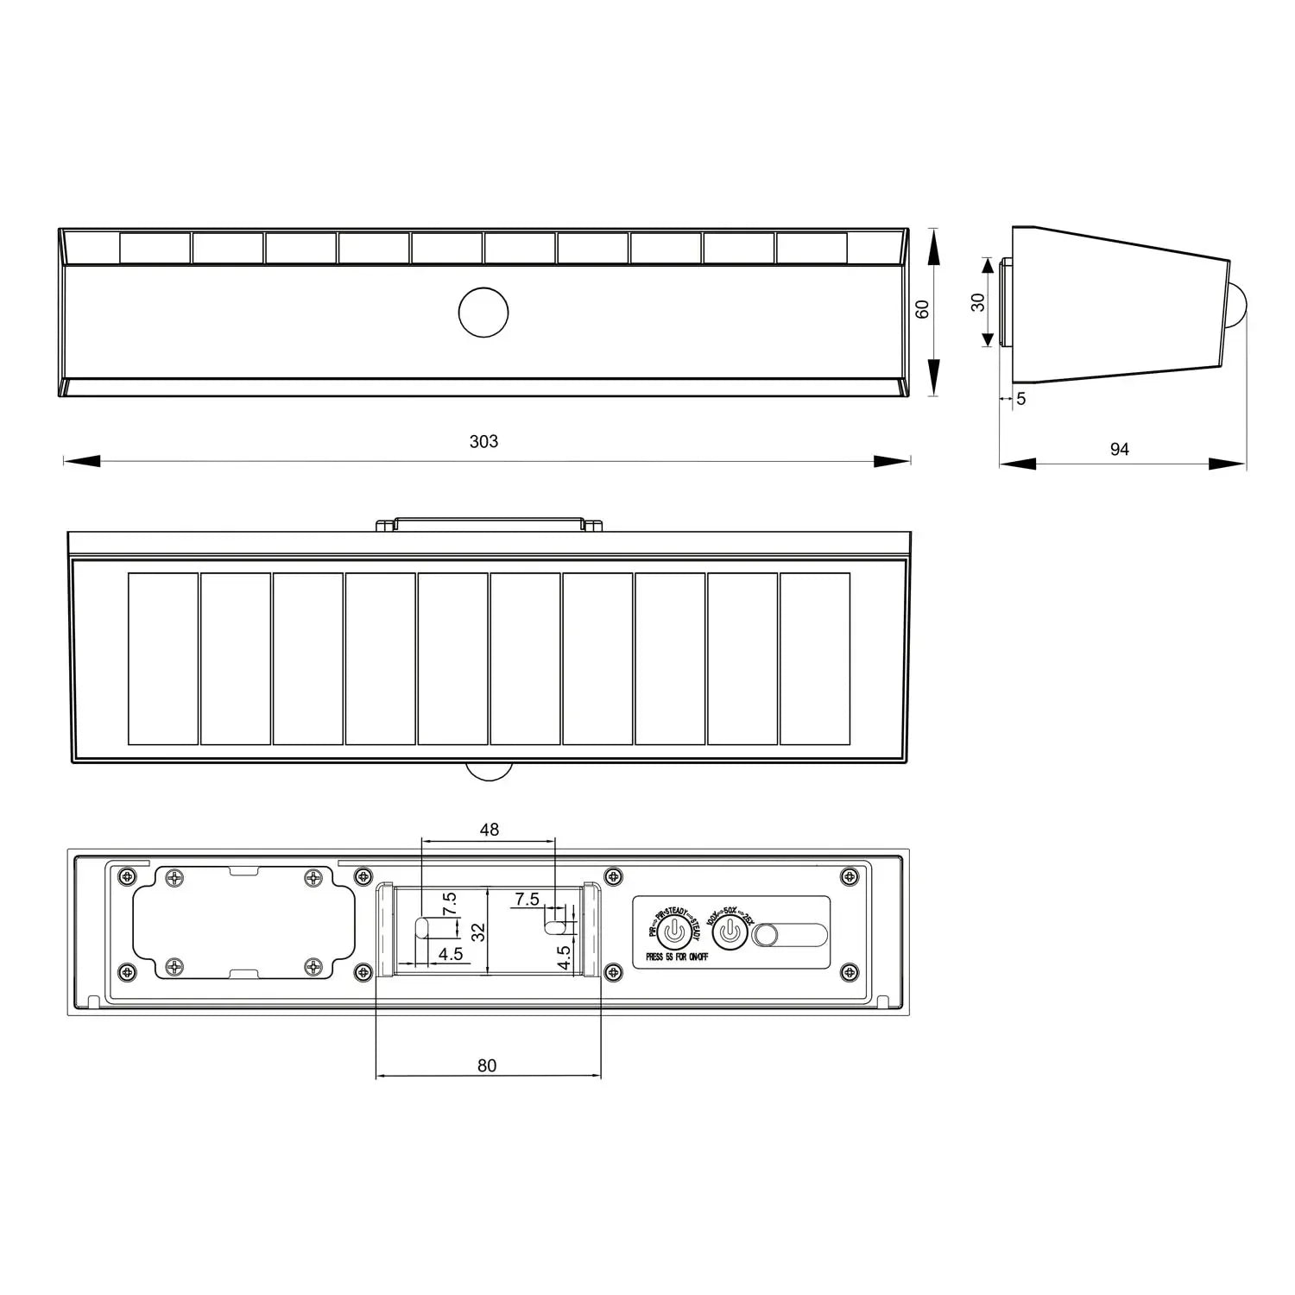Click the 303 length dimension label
pyautogui.click(x=483, y=441)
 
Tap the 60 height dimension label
pyautogui.click(x=922, y=309)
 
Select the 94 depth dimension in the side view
pyautogui.click(x=1119, y=449)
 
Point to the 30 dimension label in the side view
pyautogui.click(x=978, y=302)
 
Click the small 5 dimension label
pyautogui.click(x=1021, y=399)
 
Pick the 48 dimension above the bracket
pyautogui.click(x=489, y=830)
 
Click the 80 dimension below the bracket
pyautogui.click(x=487, y=1065)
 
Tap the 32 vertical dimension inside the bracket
pyautogui.click(x=478, y=932)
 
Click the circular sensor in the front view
pyautogui.click(x=483, y=313)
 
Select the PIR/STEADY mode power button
pyautogui.click(x=674, y=932)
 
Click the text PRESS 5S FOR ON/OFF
pyautogui.click(x=677, y=957)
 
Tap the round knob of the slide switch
pyautogui.click(x=766, y=935)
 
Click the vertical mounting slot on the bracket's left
pyautogui.click(x=421, y=928)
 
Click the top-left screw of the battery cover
pyautogui.click(x=175, y=879)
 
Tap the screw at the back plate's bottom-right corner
pyautogui.click(x=850, y=972)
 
